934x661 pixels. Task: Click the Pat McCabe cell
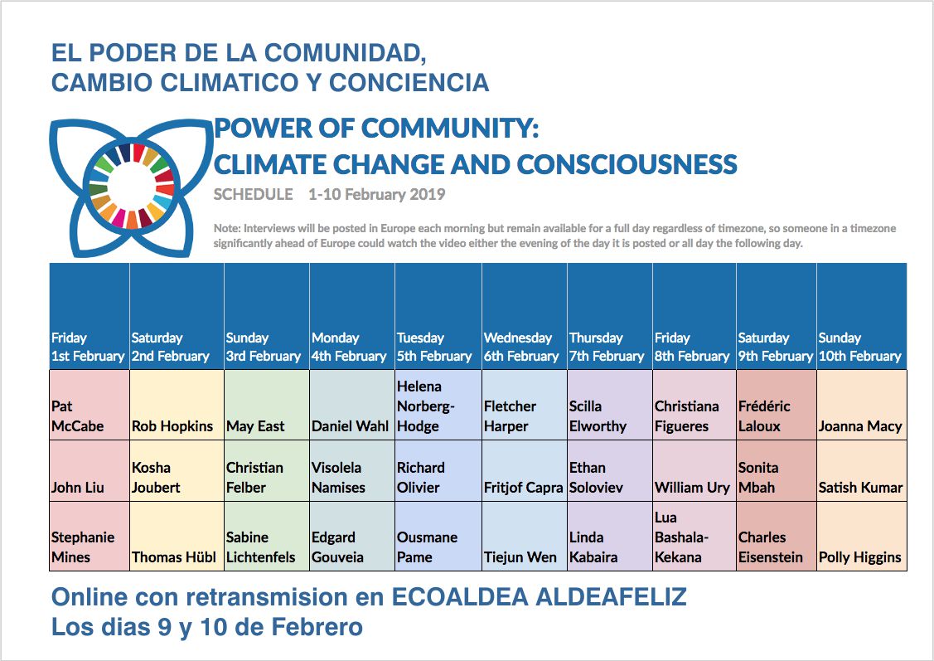pyautogui.click(x=90, y=406)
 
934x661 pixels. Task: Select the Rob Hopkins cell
pyautogui.click(x=177, y=406)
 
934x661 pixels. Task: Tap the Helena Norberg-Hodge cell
pyautogui.click(x=438, y=406)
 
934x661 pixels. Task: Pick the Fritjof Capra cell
pyautogui.click(x=524, y=471)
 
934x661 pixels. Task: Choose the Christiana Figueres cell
pyautogui.click(x=694, y=406)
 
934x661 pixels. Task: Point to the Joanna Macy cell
pyautogui.click(x=862, y=406)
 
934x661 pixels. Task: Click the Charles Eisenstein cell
pyautogui.click(x=777, y=537)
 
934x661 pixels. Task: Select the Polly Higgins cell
pyautogui.click(x=862, y=537)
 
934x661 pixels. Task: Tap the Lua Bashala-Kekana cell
pyautogui.click(x=694, y=537)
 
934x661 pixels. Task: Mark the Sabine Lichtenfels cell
pyautogui.click(x=267, y=537)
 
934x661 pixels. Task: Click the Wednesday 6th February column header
pyautogui.click(x=524, y=317)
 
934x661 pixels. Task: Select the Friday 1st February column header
pyautogui.click(x=90, y=317)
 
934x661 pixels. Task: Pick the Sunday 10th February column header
pyautogui.click(x=862, y=317)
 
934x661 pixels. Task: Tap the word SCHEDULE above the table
pyautogui.click(x=253, y=194)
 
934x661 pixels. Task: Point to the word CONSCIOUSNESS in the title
pyautogui.click(x=627, y=164)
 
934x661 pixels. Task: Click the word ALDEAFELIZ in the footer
pyautogui.click(x=611, y=596)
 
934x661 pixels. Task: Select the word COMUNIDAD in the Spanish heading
pyautogui.click(x=345, y=54)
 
